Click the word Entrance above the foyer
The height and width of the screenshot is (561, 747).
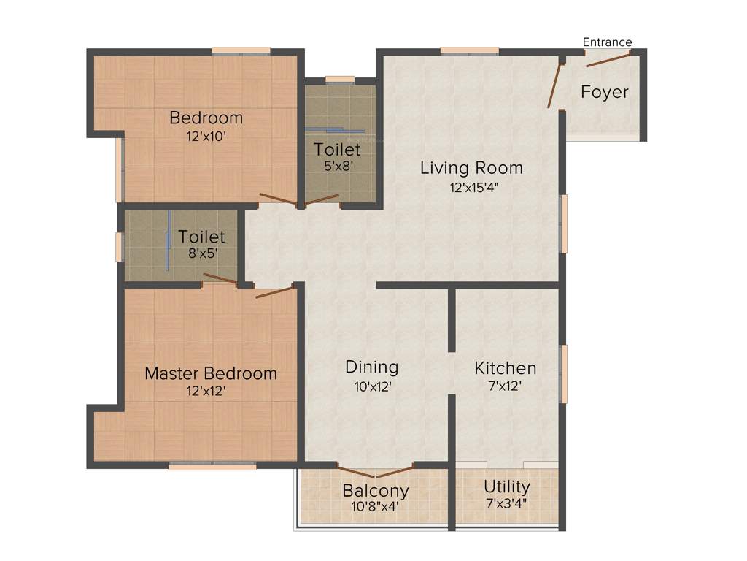click(x=607, y=42)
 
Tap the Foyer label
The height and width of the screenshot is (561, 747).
click(x=604, y=93)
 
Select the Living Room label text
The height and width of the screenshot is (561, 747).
click(x=471, y=168)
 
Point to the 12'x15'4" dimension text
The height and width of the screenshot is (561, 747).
click(x=474, y=187)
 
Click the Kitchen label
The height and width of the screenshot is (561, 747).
click(x=506, y=367)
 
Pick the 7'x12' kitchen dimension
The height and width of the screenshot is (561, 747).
click(x=506, y=386)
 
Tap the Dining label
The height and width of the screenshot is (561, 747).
click(x=372, y=367)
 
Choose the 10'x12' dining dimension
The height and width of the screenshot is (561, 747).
click(x=372, y=386)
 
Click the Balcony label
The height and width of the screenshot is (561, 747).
click(x=376, y=490)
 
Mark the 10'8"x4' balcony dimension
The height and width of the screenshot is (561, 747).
click(x=376, y=505)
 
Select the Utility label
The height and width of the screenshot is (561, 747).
click(x=507, y=486)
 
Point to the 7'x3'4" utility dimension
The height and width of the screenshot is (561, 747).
click(x=507, y=503)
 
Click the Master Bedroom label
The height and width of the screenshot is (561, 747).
click(x=211, y=373)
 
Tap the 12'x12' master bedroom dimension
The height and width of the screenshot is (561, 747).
click(x=205, y=392)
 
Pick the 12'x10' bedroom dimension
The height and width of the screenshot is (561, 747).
click(x=206, y=135)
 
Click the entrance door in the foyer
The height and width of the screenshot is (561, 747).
click(x=608, y=58)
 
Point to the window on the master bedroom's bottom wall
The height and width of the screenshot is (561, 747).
click(x=212, y=465)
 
